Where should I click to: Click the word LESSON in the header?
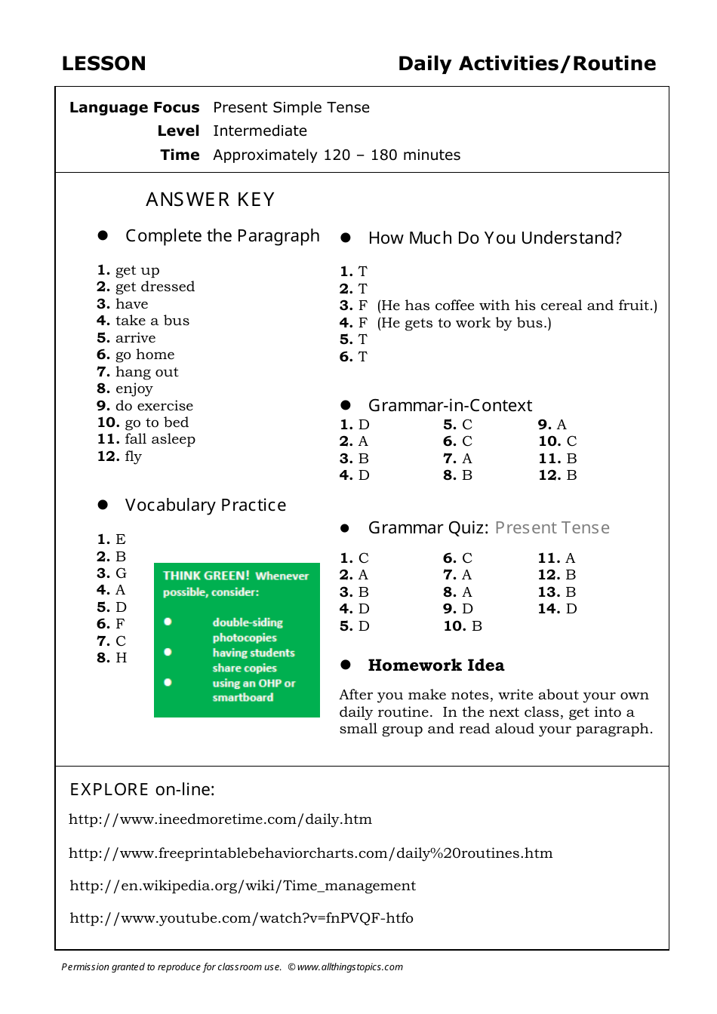point(103,63)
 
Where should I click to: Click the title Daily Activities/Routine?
point(527,63)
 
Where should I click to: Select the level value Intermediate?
point(260,131)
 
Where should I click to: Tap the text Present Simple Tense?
point(291,107)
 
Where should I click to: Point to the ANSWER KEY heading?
point(210,200)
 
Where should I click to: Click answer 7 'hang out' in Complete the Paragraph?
point(138,372)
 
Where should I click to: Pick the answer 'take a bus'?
point(144,321)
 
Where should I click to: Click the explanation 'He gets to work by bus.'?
point(464,323)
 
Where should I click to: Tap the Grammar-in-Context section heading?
point(450,406)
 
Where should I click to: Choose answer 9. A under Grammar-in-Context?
point(552,425)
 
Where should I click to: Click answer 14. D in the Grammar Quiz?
point(557,609)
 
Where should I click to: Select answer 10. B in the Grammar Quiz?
point(463,626)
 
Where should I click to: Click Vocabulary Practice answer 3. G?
point(112,573)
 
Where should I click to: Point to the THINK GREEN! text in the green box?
point(206,576)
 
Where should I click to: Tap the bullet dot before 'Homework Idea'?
point(346,665)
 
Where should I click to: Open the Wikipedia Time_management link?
point(242,886)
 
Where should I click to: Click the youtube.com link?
point(242,918)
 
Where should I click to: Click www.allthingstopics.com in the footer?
point(350,967)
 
